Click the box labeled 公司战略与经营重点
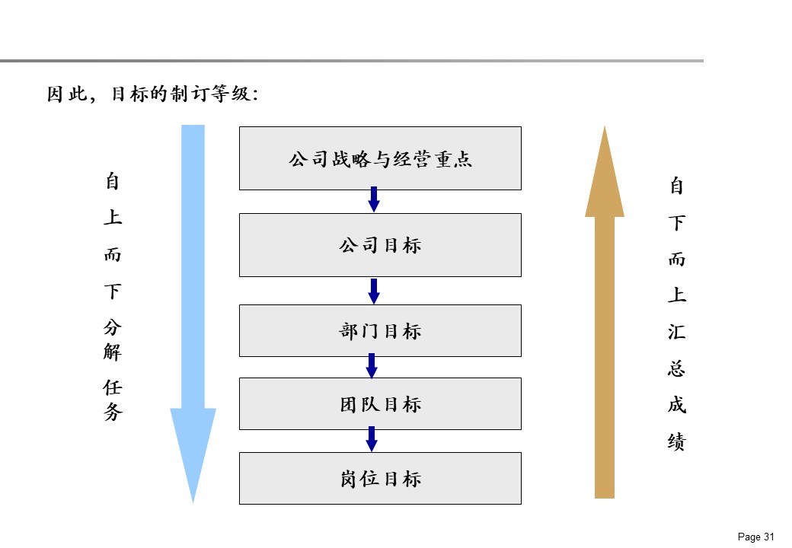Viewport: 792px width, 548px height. click(380, 158)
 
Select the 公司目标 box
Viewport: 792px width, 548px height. click(380, 245)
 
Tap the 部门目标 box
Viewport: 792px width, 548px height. click(380, 331)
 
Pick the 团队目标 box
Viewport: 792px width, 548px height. click(380, 403)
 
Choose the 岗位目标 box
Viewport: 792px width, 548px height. click(380, 478)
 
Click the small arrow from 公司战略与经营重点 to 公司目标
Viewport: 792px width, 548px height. click(374, 200)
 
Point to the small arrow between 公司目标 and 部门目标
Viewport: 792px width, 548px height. click(374, 291)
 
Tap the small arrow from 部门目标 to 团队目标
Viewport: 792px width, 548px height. click(372, 366)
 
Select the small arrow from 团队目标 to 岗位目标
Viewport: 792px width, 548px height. click(372, 439)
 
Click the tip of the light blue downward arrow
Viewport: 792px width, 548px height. click(193, 500)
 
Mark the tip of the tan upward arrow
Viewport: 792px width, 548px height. click(605, 129)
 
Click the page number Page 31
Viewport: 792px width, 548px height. click(756, 537)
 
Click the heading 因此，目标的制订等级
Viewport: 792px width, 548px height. click(152, 94)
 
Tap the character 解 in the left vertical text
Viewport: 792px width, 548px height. click(113, 352)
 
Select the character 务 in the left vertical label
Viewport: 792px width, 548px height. click(113, 413)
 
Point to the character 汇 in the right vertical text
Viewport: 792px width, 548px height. click(677, 332)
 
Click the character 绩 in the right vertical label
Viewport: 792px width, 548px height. click(677, 441)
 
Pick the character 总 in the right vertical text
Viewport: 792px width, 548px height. click(677, 368)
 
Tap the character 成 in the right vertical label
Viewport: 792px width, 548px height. click(677, 405)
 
